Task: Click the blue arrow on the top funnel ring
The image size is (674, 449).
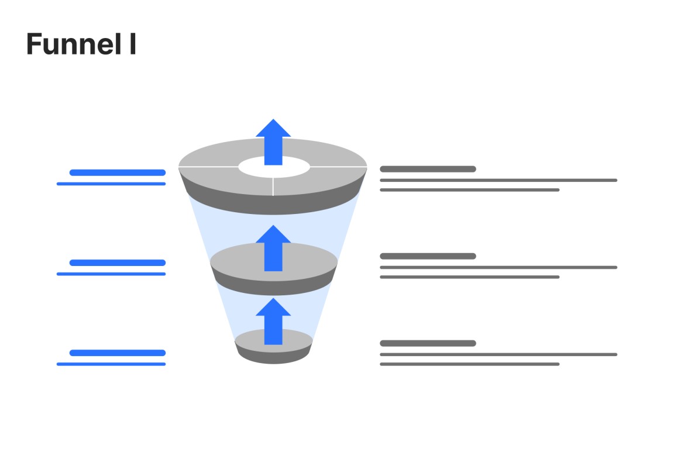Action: coord(273,143)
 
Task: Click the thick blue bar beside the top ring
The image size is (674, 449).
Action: coord(117,172)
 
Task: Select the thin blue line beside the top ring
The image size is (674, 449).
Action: coord(111,184)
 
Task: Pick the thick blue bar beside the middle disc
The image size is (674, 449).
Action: coord(117,263)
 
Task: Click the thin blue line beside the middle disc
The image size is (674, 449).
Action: coord(111,274)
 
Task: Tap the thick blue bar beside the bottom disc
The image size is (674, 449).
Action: coord(117,353)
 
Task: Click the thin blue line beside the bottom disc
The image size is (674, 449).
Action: coord(111,364)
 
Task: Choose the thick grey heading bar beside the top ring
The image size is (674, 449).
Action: coord(428,169)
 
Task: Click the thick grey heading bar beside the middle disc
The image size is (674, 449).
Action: coord(428,256)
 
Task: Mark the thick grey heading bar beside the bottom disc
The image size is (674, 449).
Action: coord(428,343)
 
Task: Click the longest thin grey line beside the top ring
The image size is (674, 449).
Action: coord(498,180)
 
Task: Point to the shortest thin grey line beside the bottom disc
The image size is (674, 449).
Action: coord(470,364)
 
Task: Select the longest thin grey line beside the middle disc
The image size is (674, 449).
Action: coord(498,267)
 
